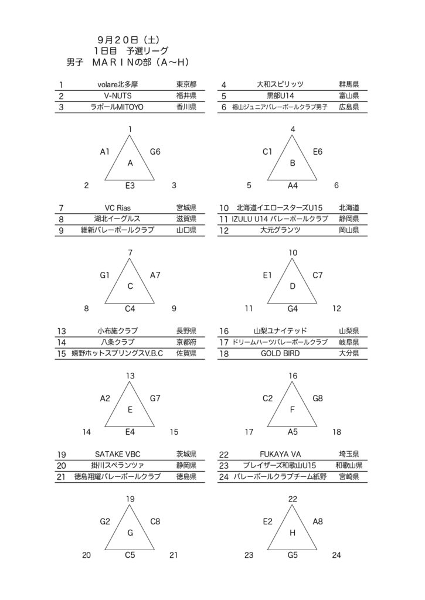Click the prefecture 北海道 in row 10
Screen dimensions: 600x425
pyautogui.click(x=349, y=208)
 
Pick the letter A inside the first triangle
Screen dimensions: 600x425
pyautogui.click(x=130, y=163)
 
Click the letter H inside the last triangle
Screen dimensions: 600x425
pyautogui.click(x=293, y=533)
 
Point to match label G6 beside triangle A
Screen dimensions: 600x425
pyautogui.click(x=155, y=152)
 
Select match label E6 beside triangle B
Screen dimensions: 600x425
pyautogui.click(x=318, y=152)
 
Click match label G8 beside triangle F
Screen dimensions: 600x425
pyautogui.click(x=318, y=398)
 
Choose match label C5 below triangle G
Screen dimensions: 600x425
pyautogui.click(x=130, y=554)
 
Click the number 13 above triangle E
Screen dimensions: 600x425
pyautogui.click(x=130, y=376)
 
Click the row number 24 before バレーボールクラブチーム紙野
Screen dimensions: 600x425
pyautogui.click(x=223, y=476)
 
